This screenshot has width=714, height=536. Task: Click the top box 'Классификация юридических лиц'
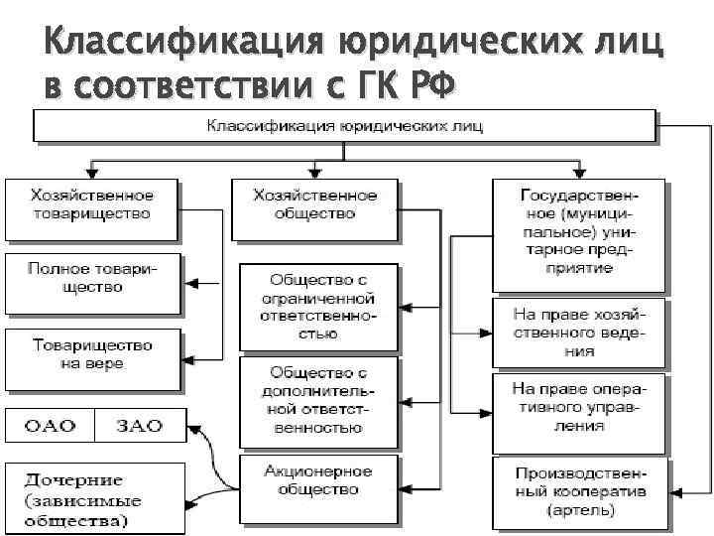tap(344, 127)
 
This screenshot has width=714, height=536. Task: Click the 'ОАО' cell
tap(51, 425)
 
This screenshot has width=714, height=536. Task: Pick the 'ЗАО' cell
tap(139, 425)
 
